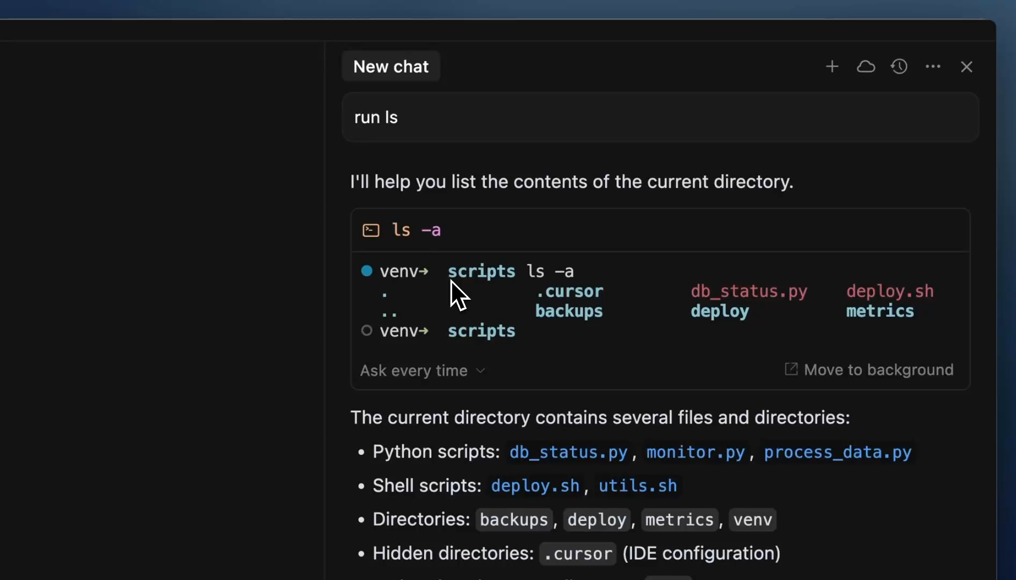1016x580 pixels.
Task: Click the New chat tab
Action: click(391, 67)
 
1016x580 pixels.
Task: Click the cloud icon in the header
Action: click(866, 67)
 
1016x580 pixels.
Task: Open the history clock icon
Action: click(899, 67)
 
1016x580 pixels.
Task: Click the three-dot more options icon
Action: click(933, 67)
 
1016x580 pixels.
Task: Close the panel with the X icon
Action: click(967, 67)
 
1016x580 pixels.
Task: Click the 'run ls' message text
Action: click(376, 118)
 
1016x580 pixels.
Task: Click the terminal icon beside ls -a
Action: click(371, 230)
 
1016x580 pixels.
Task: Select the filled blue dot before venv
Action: click(367, 271)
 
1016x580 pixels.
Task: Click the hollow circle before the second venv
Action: click(367, 330)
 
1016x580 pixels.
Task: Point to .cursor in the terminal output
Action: click(569, 291)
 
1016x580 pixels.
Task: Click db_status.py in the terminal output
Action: click(749, 291)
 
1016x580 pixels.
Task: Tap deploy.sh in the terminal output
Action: click(890, 291)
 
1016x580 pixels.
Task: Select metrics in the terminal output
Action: click(880, 311)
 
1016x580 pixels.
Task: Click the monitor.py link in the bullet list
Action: click(695, 452)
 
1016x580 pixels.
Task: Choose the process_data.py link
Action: click(838, 452)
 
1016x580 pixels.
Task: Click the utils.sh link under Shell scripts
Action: click(637, 486)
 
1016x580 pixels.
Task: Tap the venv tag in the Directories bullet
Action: click(752, 520)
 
